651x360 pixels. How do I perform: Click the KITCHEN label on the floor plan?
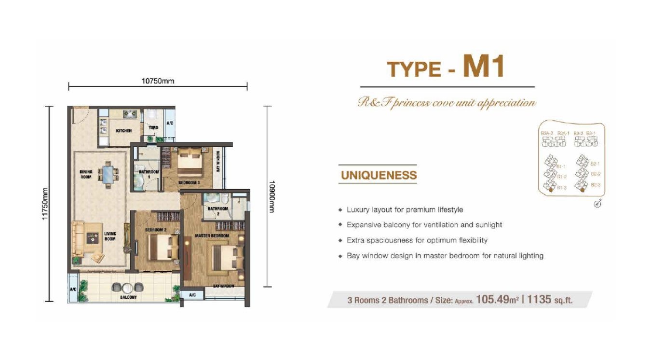pyautogui.click(x=124, y=131)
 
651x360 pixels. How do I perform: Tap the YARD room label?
pyautogui.click(x=153, y=128)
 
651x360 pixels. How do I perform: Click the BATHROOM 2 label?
pyautogui.click(x=215, y=211)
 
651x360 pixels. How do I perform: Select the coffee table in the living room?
pyautogui.click(x=92, y=237)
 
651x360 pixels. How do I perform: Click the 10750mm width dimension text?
pyautogui.click(x=158, y=81)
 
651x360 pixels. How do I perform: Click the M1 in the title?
pyautogui.click(x=483, y=67)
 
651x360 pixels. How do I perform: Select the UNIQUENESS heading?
pyautogui.click(x=379, y=175)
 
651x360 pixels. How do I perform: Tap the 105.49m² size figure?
pyautogui.click(x=497, y=300)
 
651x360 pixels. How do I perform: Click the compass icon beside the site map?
pyautogui.click(x=597, y=204)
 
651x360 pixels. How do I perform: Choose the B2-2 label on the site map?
pyautogui.click(x=596, y=174)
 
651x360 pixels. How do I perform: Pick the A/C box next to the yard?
pyautogui.click(x=170, y=124)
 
